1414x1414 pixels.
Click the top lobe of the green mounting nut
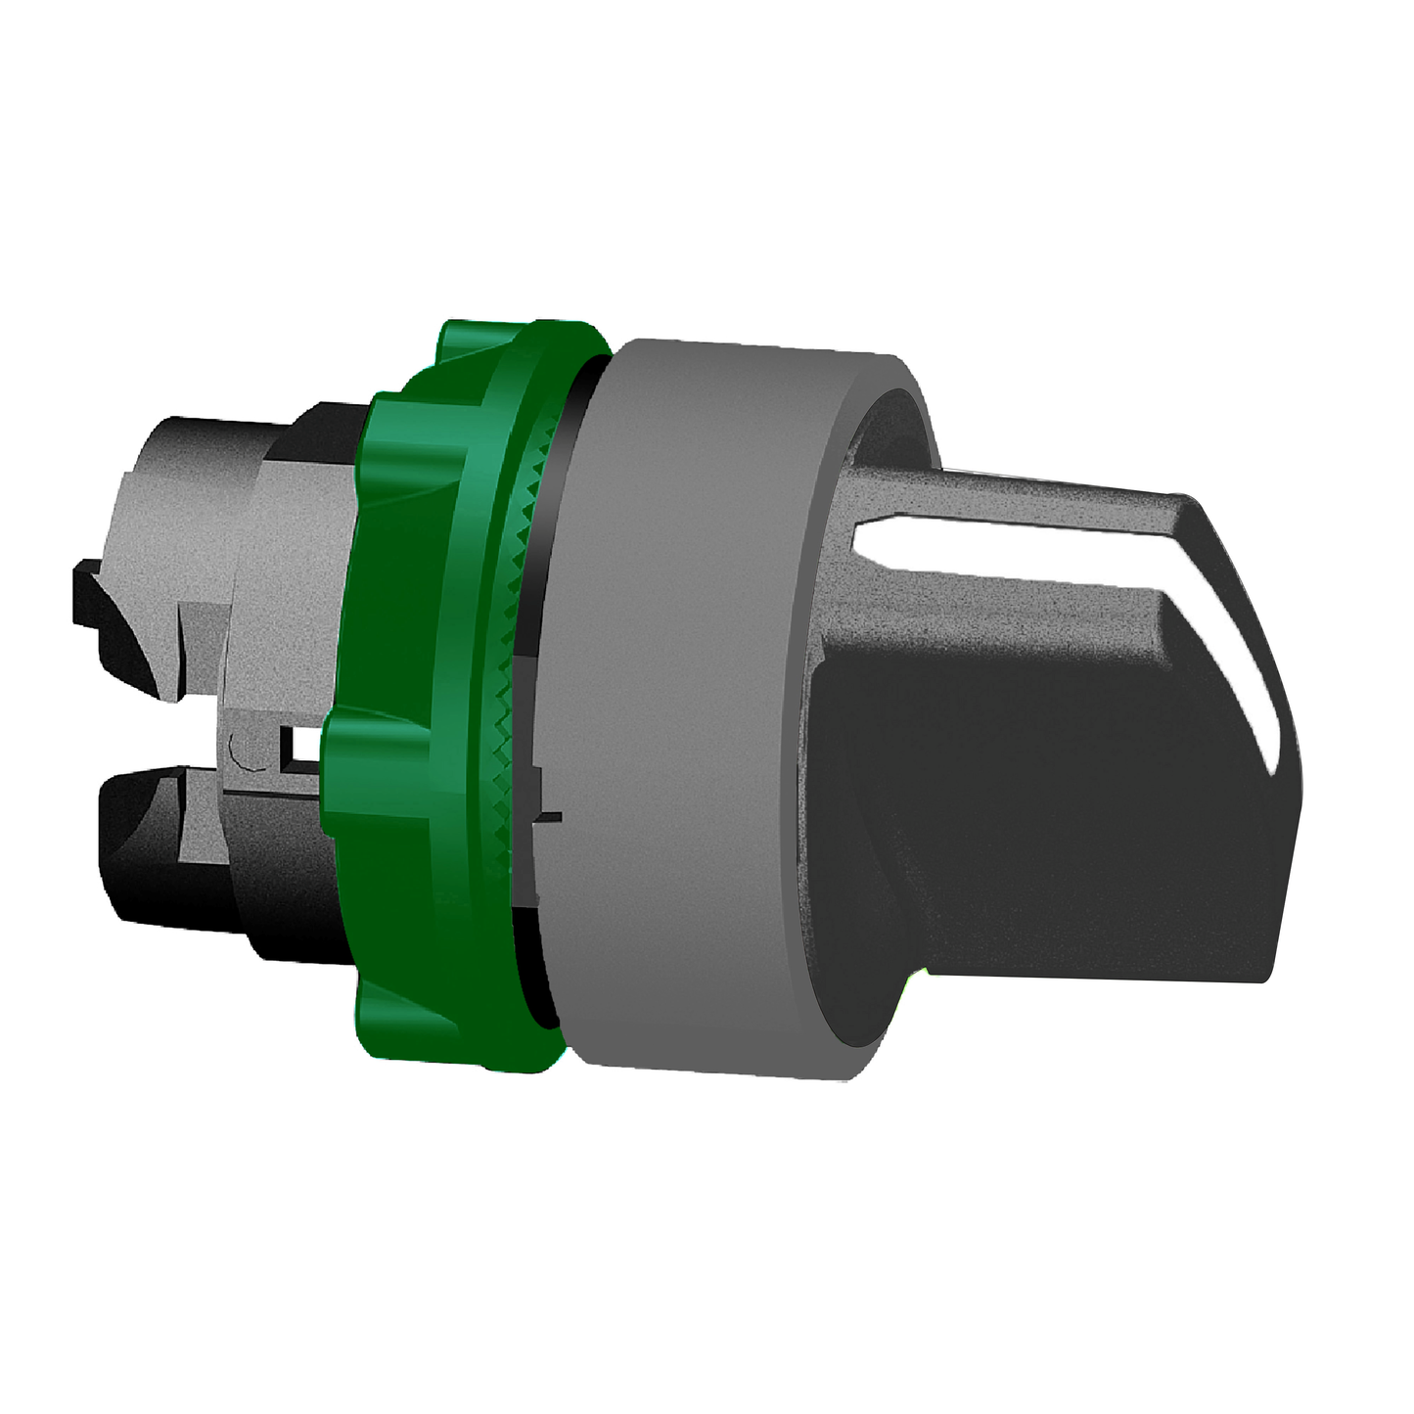(489, 352)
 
